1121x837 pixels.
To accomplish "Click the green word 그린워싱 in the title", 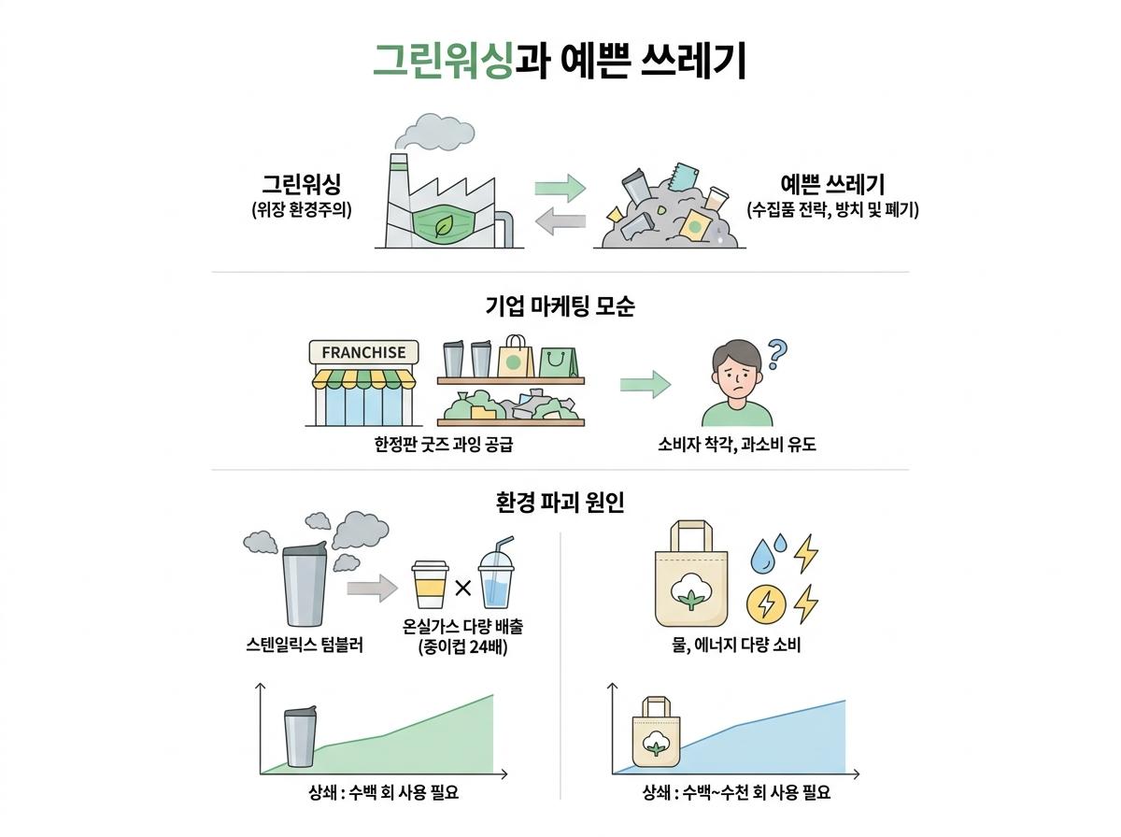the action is coord(442,61).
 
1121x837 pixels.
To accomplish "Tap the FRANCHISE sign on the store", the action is coord(363,352).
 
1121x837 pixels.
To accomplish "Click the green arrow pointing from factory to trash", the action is coord(560,188).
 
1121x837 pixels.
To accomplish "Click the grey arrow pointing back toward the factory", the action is coord(560,221).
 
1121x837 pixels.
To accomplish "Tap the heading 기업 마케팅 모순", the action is coord(560,306).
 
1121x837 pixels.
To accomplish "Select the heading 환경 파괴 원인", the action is coord(560,503).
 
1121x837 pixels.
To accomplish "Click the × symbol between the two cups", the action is coord(462,589).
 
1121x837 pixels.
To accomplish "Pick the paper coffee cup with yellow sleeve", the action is coord(430,584).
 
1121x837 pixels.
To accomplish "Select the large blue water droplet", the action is coord(763,556).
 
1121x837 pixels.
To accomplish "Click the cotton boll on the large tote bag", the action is coord(690,591).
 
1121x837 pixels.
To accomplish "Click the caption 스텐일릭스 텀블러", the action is coord(305,645).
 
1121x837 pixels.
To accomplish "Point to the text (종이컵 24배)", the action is coord(462,647).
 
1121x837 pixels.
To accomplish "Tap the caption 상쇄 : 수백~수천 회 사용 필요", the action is coord(736,792).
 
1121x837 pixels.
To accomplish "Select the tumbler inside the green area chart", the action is coord(300,736).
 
